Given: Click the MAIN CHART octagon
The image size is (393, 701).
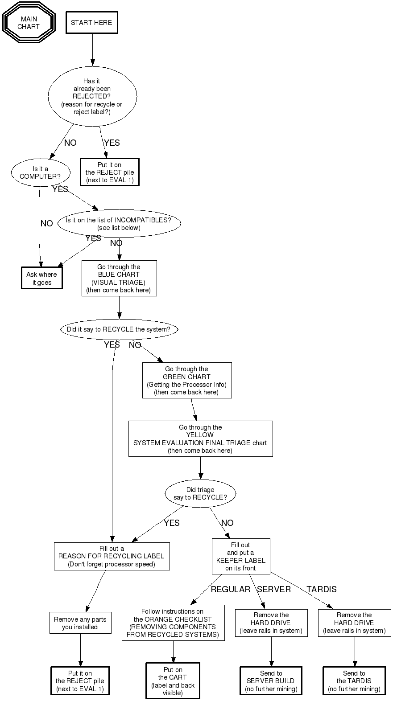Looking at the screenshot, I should tap(29, 23).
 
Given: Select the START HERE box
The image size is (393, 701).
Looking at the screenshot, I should tap(91, 22).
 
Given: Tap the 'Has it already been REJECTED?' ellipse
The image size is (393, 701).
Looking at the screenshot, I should tap(92, 96).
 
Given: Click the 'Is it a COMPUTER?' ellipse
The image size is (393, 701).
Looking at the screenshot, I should tap(40, 172).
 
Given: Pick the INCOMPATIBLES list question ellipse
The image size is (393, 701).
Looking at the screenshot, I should tap(119, 224).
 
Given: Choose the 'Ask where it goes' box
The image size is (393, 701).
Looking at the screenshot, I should tap(42, 278).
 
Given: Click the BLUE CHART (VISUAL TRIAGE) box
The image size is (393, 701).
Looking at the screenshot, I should tap(119, 278).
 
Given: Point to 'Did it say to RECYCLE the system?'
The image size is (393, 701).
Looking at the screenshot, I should tap(119, 329).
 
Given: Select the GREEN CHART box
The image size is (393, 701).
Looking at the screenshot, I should tap(186, 380).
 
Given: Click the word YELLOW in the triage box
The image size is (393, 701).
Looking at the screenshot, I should tap(200, 435).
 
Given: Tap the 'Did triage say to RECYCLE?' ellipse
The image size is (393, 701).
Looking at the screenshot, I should tap(200, 493).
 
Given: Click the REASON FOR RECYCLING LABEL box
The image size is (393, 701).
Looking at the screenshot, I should tap(112, 556).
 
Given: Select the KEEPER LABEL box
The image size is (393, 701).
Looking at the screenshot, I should tap(241, 556).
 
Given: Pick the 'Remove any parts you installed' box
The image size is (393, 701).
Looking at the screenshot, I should tap(80, 623).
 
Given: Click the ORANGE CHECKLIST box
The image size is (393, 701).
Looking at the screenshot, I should tap(173, 623).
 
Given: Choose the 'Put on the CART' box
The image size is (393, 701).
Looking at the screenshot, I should tap(173, 681).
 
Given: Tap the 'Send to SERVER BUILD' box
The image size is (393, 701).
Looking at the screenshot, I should tap(271, 681).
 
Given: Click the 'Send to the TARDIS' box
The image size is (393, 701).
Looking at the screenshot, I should tap(354, 681).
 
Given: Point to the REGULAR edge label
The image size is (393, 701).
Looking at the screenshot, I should tap(230, 589).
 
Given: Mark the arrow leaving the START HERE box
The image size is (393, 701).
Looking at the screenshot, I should tap(93, 49).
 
